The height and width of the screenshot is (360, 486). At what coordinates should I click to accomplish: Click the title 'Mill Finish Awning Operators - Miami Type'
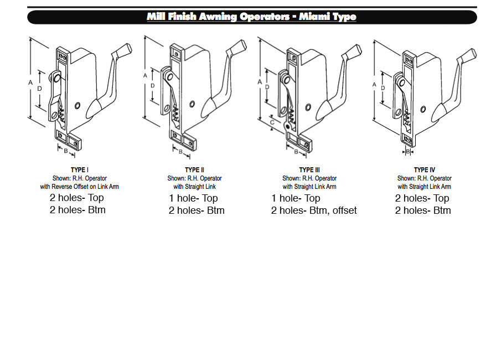pos(251,17)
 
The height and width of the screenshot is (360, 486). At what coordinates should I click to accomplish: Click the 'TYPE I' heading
pos(79,169)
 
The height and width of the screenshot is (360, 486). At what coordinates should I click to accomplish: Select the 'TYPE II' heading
pos(194,169)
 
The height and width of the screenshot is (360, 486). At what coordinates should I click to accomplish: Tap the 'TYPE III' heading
pos(309,169)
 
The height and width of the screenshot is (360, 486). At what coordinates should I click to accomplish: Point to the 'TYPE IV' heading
pos(424,169)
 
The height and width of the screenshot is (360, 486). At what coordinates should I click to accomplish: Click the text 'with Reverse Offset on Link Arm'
pos(79,187)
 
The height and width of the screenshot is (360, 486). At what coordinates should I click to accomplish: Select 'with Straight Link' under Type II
pos(194,187)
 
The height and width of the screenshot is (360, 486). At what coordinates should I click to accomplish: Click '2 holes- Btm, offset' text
pos(314,210)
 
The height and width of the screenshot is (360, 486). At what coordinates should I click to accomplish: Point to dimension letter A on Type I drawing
pos(30,82)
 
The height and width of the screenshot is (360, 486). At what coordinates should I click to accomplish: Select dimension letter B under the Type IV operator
pos(408,151)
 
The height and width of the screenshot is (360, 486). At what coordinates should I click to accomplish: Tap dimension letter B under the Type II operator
pos(180,151)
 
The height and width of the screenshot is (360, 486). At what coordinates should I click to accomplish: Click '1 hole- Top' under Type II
pos(193,198)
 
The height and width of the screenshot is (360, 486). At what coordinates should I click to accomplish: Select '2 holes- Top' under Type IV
pos(422,198)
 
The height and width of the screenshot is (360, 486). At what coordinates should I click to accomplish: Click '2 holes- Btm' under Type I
pos(77,210)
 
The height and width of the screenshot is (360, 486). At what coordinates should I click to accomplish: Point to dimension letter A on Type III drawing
pos(260,82)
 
